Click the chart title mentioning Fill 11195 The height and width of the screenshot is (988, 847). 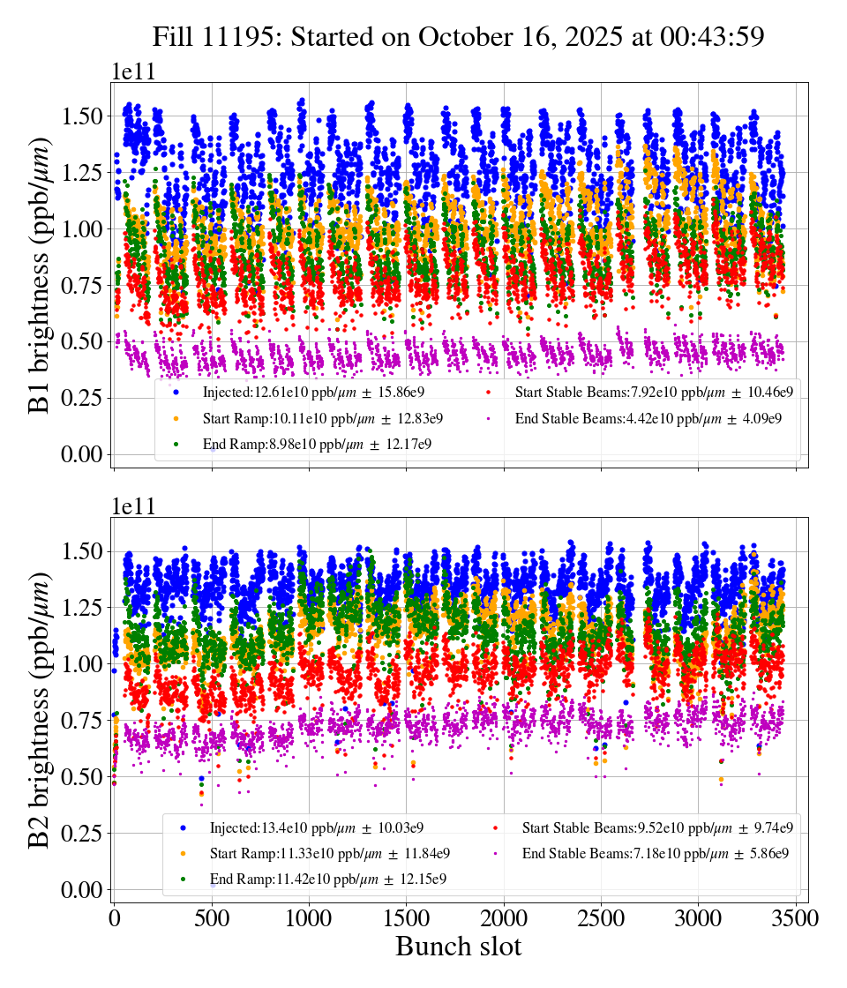(458, 36)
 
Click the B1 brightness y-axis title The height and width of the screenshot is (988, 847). (41, 269)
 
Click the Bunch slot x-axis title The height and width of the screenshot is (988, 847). (458, 947)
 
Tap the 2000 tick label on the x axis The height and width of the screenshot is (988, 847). (504, 918)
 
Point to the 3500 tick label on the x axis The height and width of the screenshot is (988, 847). (796, 918)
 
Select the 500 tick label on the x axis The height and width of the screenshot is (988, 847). (212, 918)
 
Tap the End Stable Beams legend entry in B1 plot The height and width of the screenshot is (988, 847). (648, 418)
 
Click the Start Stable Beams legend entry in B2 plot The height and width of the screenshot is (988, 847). (657, 827)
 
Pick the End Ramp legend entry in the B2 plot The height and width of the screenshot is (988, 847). (327, 880)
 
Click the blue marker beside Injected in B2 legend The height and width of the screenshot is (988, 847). (183, 827)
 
